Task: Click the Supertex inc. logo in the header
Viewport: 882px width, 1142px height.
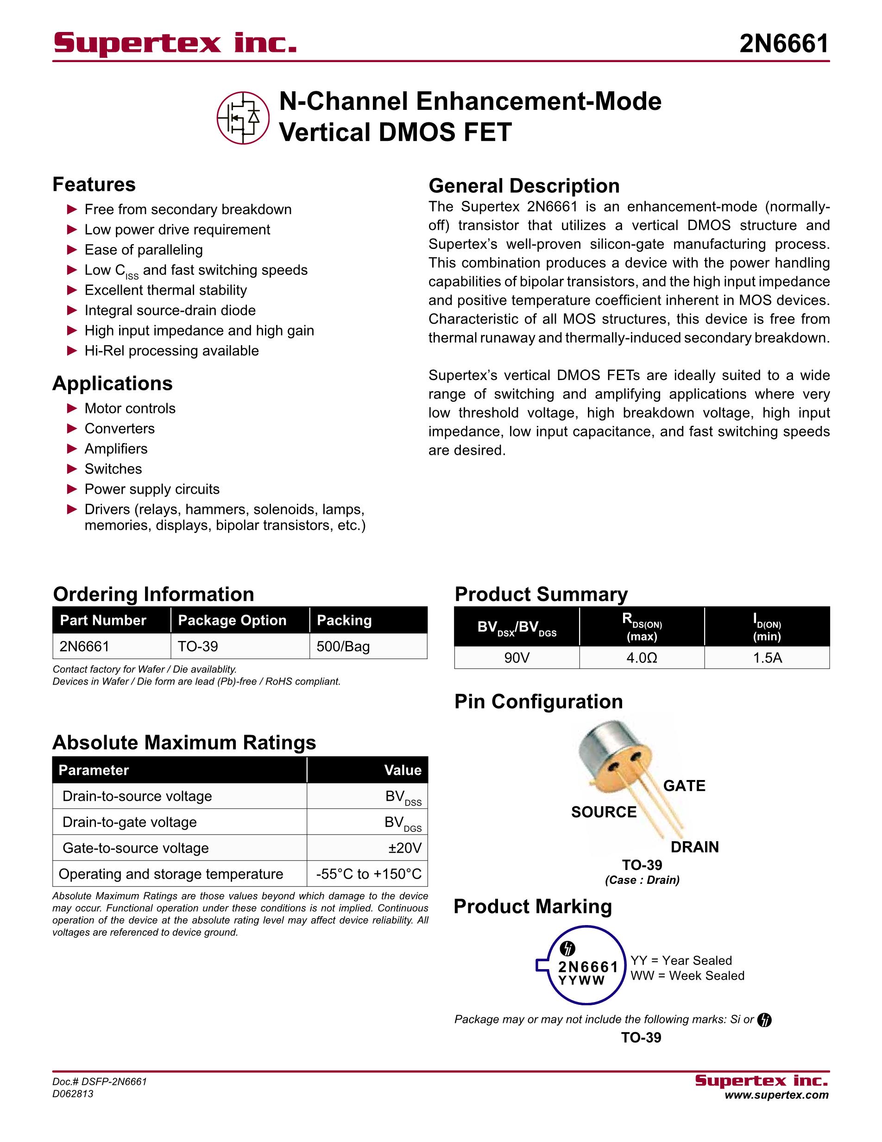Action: pos(175,43)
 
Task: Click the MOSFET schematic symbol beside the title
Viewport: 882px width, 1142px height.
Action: pos(243,118)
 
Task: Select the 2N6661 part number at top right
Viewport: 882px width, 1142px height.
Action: pos(784,44)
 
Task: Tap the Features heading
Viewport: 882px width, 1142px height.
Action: pos(94,184)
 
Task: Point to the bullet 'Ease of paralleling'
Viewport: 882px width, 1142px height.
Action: pos(144,250)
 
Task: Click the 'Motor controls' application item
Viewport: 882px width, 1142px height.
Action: pos(130,408)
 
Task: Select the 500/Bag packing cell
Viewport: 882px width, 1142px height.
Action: pos(343,646)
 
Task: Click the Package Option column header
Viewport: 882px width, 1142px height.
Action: pos(232,621)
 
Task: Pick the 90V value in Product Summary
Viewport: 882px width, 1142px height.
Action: pos(517,658)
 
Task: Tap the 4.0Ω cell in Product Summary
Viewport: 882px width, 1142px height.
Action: pos(642,658)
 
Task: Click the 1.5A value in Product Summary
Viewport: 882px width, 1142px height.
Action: pos(767,658)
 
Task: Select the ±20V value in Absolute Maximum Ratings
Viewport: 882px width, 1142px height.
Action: pos(404,848)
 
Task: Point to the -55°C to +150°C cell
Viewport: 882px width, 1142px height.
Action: pos(368,874)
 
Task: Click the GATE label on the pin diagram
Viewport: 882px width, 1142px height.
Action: pos(684,786)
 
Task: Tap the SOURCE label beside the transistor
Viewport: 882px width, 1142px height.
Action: pos(604,812)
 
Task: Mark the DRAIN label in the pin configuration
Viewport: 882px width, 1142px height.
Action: pos(694,847)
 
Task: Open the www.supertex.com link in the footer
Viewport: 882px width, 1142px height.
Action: pos(776,1095)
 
